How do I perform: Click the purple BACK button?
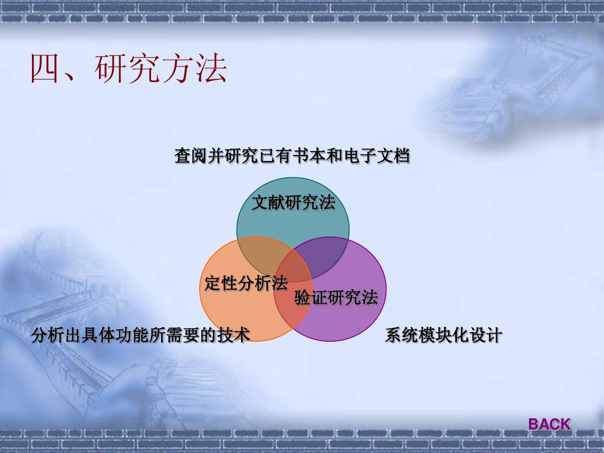click(549, 424)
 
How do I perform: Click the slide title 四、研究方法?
click(129, 68)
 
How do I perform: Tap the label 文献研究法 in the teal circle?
click(293, 202)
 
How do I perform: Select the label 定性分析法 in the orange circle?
click(246, 283)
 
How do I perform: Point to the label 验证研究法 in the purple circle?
click(336, 298)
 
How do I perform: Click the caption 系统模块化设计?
click(443, 335)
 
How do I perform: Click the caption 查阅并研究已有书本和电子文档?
click(292, 155)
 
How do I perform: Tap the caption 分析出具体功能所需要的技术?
click(140, 335)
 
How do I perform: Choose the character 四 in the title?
click(44, 68)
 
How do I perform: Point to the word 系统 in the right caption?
click(402, 335)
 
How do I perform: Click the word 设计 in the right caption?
click(486, 335)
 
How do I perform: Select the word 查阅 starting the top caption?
click(191, 155)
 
